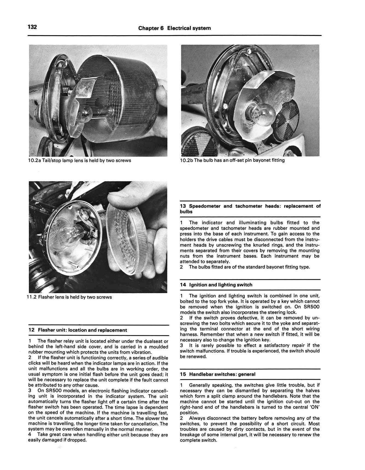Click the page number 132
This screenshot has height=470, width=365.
pyautogui.click(x=32, y=27)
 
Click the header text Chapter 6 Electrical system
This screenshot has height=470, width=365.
pyautogui.click(x=174, y=28)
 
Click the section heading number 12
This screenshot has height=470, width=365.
pyautogui.click(x=31, y=330)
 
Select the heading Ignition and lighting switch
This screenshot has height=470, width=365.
pyautogui.click(x=221, y=285)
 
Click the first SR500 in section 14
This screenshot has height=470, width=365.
pyautogui.click(x=311, y=307)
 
